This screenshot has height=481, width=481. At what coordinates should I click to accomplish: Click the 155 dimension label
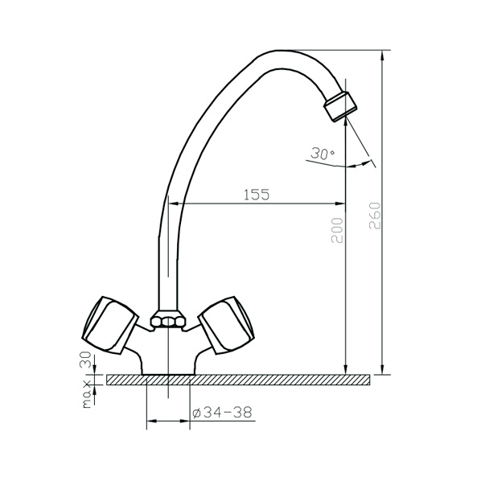257,195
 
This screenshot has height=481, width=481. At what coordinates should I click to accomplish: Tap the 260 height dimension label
375,216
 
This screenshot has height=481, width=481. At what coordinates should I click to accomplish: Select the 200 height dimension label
337,230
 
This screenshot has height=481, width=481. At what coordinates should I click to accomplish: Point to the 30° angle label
322,153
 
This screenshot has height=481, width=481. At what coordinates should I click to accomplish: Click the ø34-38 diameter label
222,413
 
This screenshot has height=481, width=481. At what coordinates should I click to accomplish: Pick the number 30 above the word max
85,360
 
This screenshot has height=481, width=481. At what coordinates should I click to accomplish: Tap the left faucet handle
110,325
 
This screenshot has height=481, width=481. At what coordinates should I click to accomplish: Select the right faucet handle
227,325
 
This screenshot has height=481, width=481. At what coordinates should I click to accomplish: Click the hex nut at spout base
168,321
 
